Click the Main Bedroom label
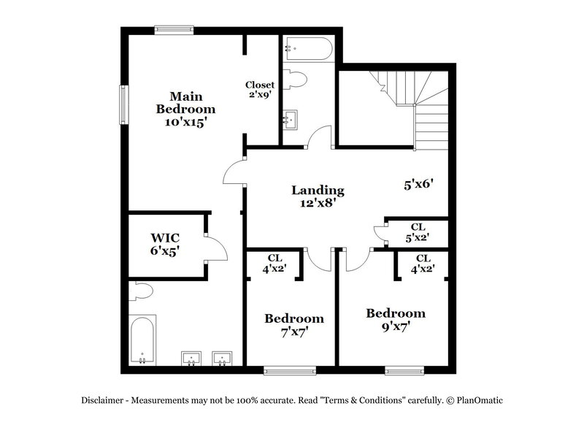tap(186, 102)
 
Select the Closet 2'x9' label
tap(260, 90)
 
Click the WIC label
tap(165, 238)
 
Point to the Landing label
tap(318, 191)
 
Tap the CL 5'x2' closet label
tap(418, 231)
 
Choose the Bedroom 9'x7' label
tap(395, 320)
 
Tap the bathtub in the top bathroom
tap(309, 48)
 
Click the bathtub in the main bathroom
tap(142, 339)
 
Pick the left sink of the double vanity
tap(192, 359)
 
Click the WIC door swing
tap(214, 248)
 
